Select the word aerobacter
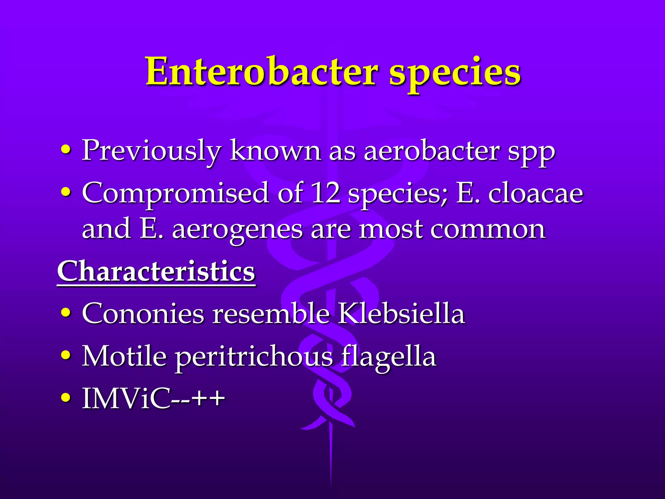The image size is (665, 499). click(x=432, y=151)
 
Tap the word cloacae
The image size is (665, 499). click(x=536, y=194)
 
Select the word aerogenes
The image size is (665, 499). click(x=237, y=231)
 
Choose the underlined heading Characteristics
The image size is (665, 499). click(x=156, y=272)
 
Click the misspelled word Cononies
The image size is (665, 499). click(x=143, y=313)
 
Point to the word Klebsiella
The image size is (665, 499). click(x=401, y=313)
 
